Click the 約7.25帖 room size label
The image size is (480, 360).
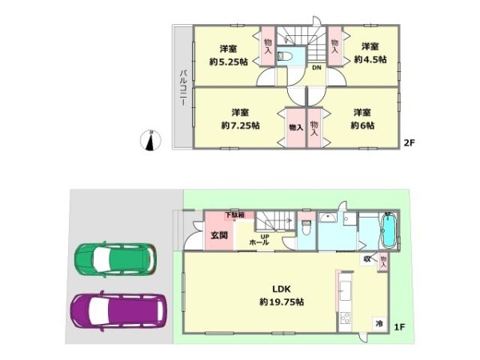(x=239, y=125)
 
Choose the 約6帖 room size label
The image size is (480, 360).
(x=362, y=125)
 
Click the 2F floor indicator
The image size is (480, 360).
(x=408, y=144)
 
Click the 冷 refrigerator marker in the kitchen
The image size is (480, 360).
(x=378, y=324)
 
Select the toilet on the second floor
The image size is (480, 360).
(x=285, y=57)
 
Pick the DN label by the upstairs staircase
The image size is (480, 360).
(x=317, y=68)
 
